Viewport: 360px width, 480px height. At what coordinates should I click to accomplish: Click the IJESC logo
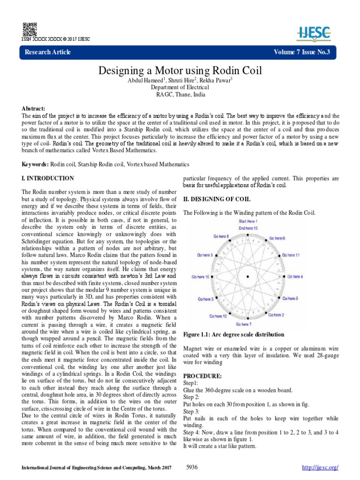pyautogui.click(x=315, y=32)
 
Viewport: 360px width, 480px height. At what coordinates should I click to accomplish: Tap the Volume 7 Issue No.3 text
pyautogui.click(x=302, y=52)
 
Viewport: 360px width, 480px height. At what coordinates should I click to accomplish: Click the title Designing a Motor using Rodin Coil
pyautogui.click(x=180, y=71)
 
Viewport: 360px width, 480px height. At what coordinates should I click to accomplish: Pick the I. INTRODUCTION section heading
pyautogui.click(x=48, y=179)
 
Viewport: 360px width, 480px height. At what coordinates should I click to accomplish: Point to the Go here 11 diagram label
pyautogui.click(x=290, y=255)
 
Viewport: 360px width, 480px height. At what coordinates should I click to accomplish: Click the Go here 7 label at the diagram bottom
pyautogui.click(x=244, y=324)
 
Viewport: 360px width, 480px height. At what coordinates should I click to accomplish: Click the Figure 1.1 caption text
pyautogui.click(x=233, y=334)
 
